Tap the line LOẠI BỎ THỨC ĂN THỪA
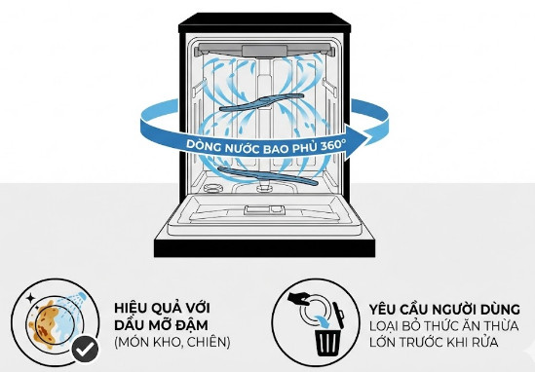[x=444, y=325]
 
